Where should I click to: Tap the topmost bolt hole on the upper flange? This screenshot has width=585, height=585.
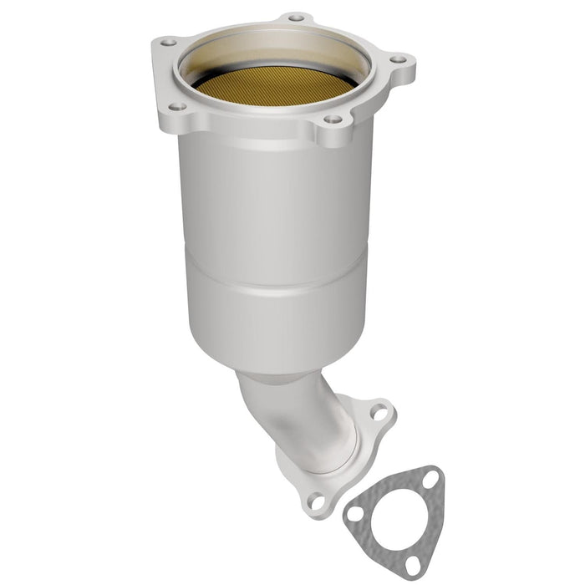coord(295,17)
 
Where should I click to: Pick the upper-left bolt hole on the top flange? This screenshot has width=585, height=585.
coord(168,41)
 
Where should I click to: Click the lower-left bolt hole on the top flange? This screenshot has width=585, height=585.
coord(177,106)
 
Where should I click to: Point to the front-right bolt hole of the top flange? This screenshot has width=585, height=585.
coord(333,120)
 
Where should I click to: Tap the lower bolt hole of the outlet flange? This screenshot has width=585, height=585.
coord(316,502)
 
